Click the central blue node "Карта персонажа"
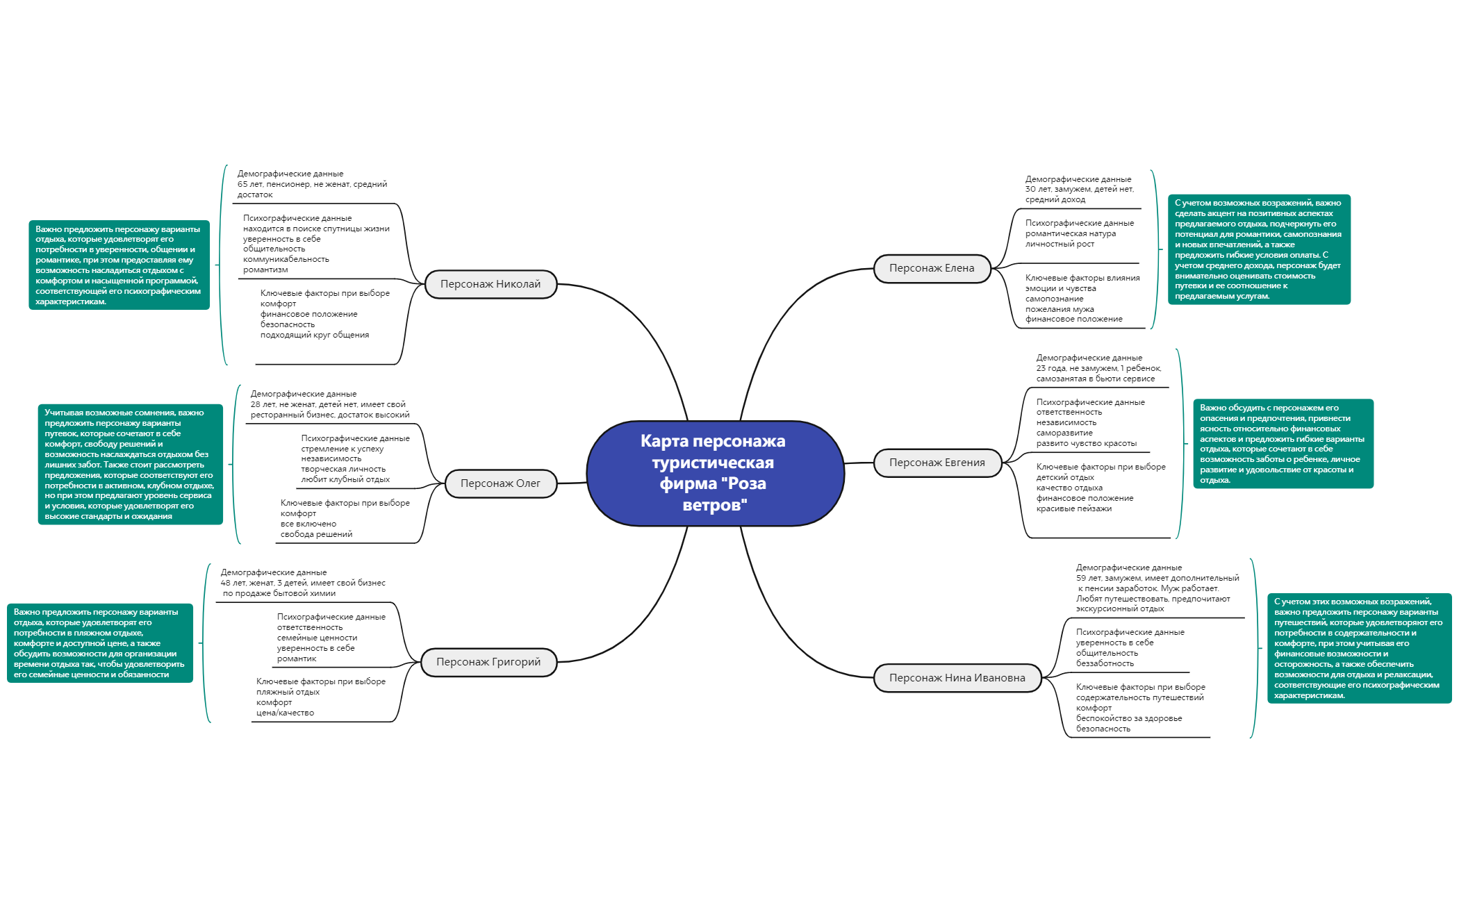pyautogui.click(x=715, y=473)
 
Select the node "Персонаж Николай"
pyautogui.click(x=491, y=284)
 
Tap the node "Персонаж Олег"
pyautogui.click(x=500, y=483)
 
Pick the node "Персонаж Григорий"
pyautogui.click(x=488, y=662)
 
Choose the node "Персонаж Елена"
pyautogui.click(x=932, y=268)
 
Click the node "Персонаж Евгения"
pyautogui.click(x=937, y=463)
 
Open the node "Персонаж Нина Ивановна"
pyautogui.click(x=957, y=678)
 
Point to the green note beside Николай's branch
pyautogui.click(x=119, y=265)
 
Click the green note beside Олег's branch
pyautogui.click(x=130, y=464)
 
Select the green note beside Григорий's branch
pyautogui.click(x=100, y=643)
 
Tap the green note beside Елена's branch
pyautogui.click(x=1259, y=249)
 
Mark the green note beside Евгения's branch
pyautogui.click(x=1283, y=443)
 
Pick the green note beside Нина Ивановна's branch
pyautogui.click(x=1360, y=648)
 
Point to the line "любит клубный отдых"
pyautogui.click(x=345, y=479)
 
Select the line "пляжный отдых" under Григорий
pyautogui.click(x=288, y=692)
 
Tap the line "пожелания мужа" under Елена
pyautogui.click(x=1060, y=309)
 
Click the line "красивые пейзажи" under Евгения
pyautogui.click(x=1074, y=508)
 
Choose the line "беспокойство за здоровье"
pyautogui.click(x=1129, y=718)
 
